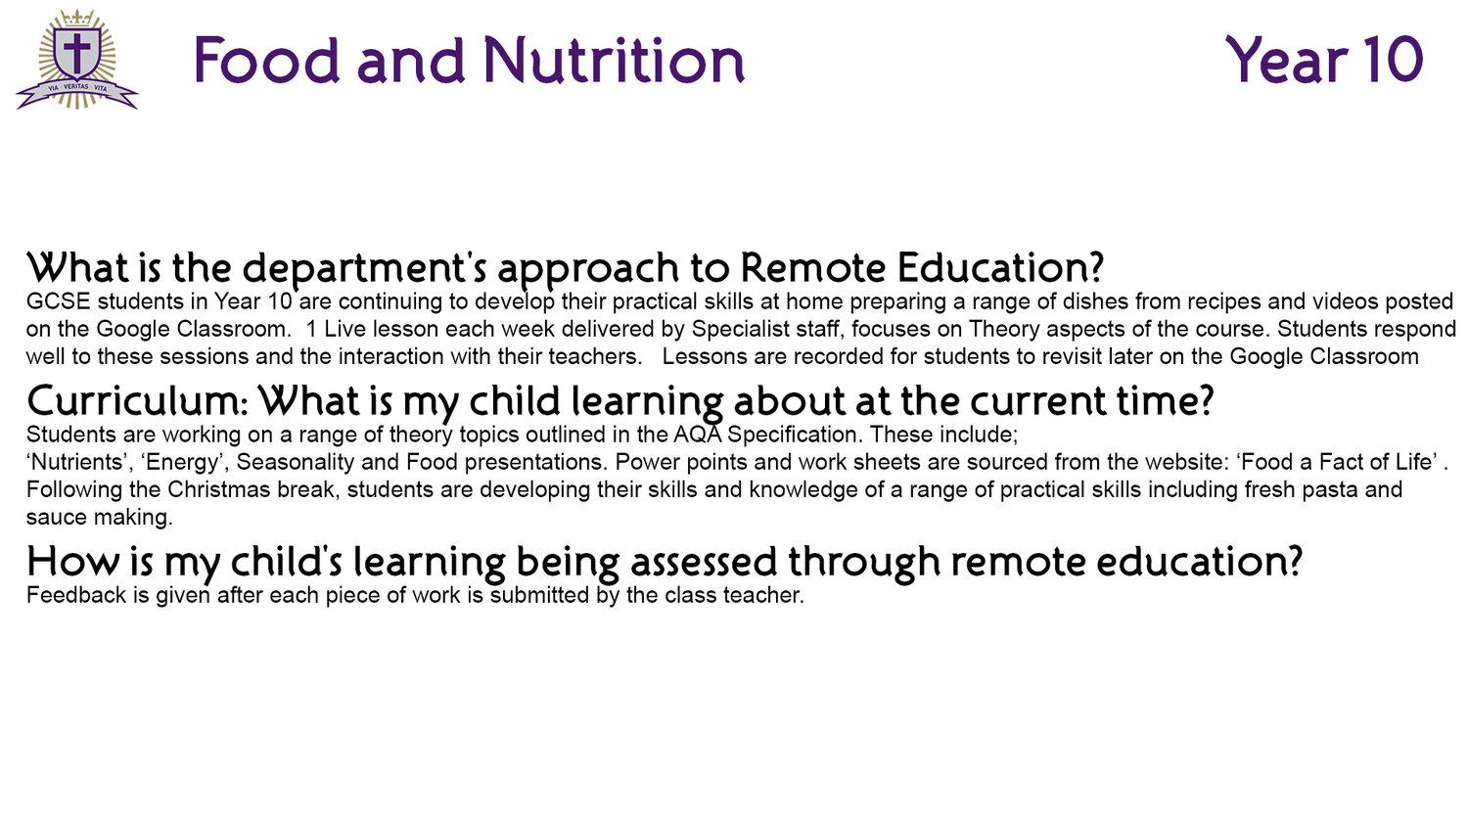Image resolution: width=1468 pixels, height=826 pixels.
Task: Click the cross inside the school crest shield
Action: point(76,53)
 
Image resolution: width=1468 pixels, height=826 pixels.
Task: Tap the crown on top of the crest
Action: point(76,18)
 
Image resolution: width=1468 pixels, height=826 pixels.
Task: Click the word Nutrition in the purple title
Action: point(614,60)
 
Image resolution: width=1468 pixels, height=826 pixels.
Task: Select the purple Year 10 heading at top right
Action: point(1324,60)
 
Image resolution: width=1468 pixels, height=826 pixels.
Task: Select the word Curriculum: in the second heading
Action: point(138,401)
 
